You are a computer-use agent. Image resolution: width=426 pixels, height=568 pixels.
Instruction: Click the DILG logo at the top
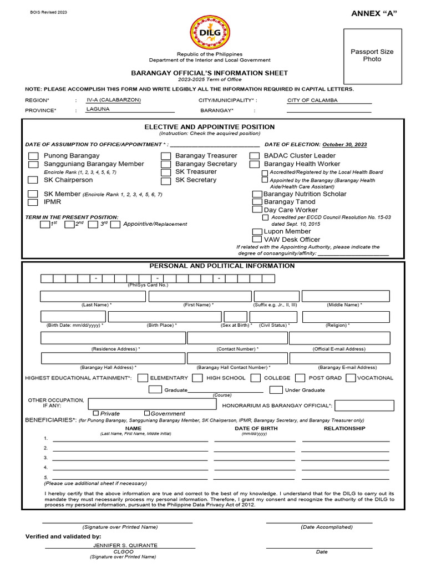coord(210,32)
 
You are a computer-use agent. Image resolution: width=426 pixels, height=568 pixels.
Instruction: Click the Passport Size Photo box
coord(372,55)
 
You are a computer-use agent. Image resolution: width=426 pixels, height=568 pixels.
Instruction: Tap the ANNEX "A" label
coord(376,13)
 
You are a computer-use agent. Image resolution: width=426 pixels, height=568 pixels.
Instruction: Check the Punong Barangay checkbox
coord(33,156)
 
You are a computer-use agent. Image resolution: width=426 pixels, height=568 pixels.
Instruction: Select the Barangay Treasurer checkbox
coord(166,156)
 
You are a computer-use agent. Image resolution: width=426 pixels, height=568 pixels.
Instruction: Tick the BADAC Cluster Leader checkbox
coord(255,156)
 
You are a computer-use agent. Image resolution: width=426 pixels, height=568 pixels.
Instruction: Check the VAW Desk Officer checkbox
coord(257,240)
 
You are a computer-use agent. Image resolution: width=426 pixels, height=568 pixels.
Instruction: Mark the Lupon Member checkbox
coord(257,231)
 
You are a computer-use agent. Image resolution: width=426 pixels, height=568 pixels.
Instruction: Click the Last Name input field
coord(93,296)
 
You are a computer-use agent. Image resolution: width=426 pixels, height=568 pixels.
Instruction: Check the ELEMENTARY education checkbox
coord(143,378)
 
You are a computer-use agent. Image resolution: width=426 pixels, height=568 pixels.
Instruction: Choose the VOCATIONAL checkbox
coord(351,378)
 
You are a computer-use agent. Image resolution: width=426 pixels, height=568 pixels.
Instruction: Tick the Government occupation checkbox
coord(147,413)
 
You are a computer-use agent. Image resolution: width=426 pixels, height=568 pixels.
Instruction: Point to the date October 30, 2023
coord(344,145)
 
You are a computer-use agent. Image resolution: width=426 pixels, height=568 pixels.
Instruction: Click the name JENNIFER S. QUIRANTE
coord(125,545)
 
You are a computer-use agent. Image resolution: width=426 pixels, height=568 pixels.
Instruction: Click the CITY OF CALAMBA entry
coord(312,100)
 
